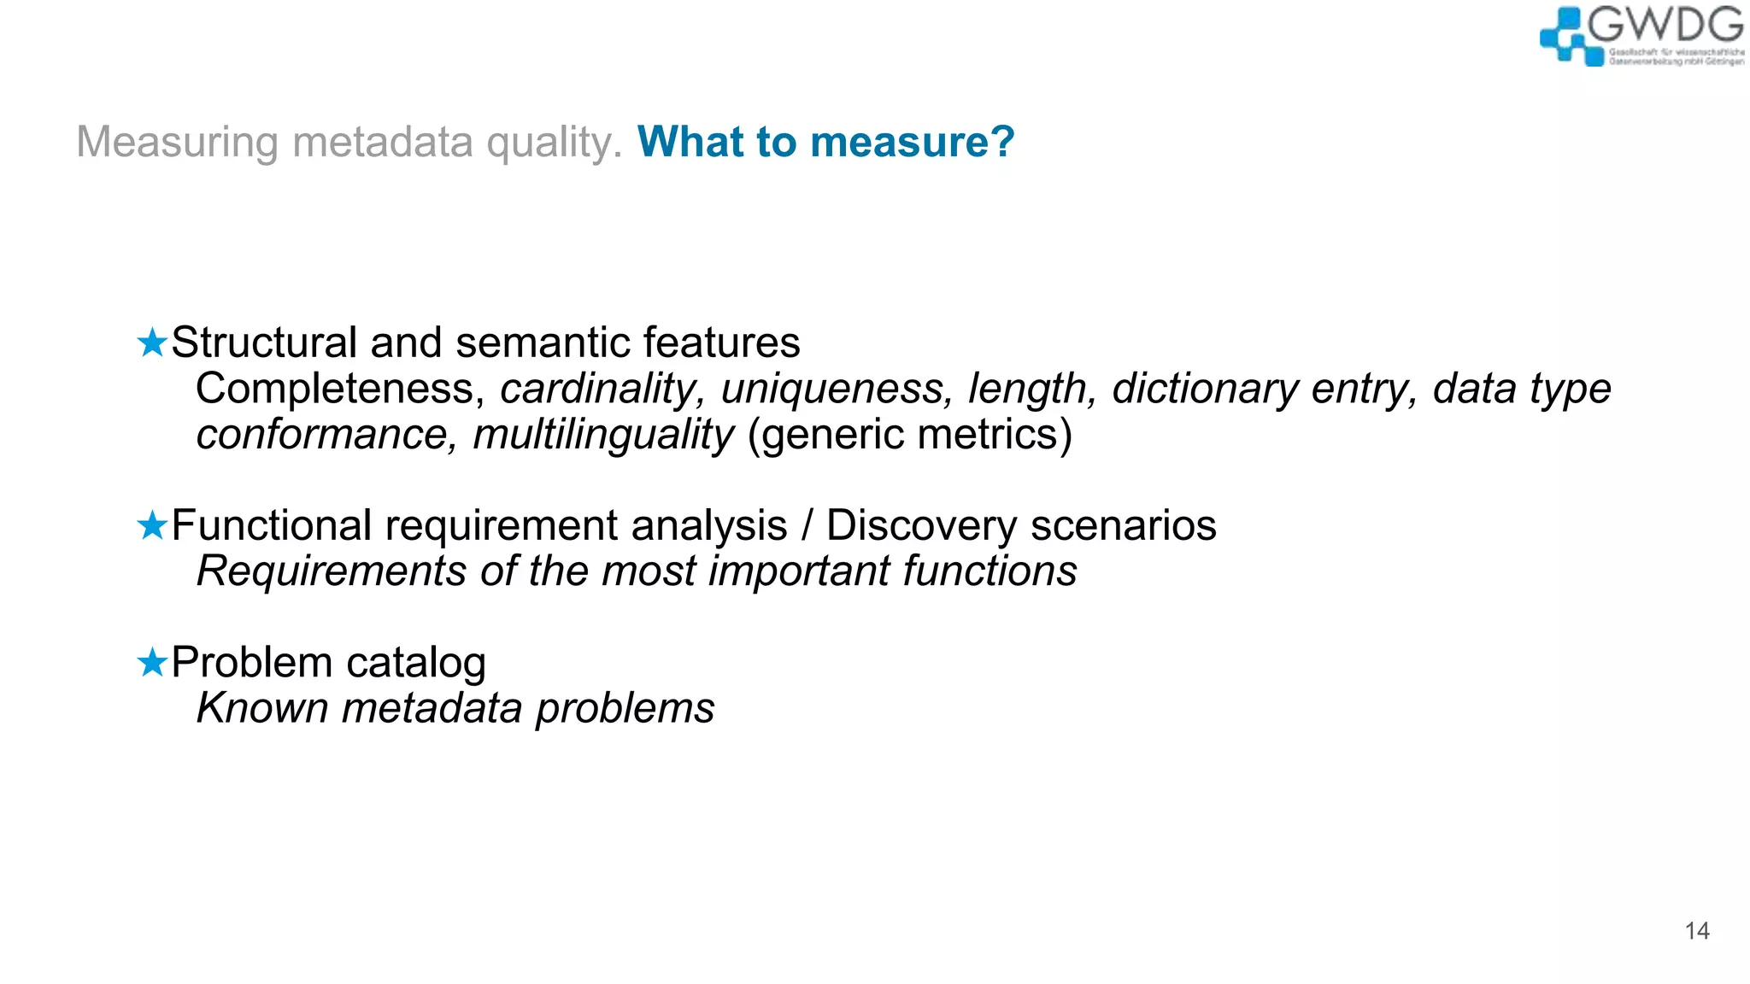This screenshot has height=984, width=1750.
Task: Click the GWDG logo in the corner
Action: pyautogui.click(x=1641, y=36)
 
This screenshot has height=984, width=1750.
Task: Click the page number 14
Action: pyautogui.click(x=1697, y=931)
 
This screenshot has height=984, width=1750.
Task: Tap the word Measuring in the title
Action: pyautogui.click(x=177, y=142)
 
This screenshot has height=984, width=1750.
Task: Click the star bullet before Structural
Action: pyautogui.click(x=152, y=343)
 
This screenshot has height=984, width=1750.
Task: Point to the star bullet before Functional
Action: pyautogui.click(x=152, y=526)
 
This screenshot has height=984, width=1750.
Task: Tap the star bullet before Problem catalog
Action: pyautogui.click(x=152, y=663)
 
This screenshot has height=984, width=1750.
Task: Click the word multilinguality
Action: pyautogui.click(x=603, y=435)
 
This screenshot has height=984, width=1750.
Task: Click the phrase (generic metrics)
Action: pyautogui.click(x=909, y=435)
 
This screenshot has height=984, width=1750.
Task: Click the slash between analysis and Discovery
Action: pyautogui.click(x=807, y=526)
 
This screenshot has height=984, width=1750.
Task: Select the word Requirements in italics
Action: pyautogui.click(x=332, y=571)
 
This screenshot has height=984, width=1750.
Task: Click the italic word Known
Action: pyautogui.click(x=261, y=708)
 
